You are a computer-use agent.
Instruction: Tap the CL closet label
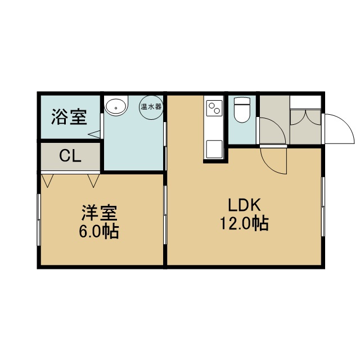pos(70,156)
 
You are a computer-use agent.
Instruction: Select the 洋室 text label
pos(100,213)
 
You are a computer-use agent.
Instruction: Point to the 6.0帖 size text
pos(99,231)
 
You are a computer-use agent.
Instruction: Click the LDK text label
pos(244,205)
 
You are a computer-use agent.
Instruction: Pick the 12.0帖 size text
pos(244,223)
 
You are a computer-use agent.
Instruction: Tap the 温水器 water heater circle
pos(151,107)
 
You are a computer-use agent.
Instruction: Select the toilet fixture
pos(242,110)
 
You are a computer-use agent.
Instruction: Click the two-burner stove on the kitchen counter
pos(215,108)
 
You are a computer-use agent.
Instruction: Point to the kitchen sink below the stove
pos(214,149)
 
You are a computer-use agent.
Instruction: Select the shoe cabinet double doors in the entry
pos(305,118)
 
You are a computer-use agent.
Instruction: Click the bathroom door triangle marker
pos(94,134)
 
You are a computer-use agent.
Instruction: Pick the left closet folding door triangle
pos(47,181)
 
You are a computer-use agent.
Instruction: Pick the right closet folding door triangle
pos(93,181)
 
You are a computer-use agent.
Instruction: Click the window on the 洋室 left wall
pos(39,220)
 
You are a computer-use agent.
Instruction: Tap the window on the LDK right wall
pos(323,206)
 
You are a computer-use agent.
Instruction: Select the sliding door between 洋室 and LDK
pos(165,215)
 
